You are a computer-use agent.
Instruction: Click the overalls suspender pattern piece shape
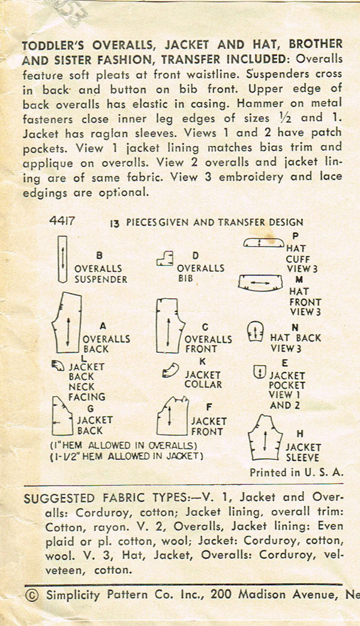click(61, 259)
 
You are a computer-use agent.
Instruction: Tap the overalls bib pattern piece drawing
click(164, 259)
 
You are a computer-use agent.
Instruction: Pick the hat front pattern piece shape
click(260, 281)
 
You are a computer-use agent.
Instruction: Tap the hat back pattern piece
click(255, 333)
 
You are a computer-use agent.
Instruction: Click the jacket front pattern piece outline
click(172, 417)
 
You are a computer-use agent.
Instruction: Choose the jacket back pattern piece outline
click(64, 415)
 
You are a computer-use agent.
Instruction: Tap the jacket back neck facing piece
click(58, 366)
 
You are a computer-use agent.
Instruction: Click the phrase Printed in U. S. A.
click(296, 472)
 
